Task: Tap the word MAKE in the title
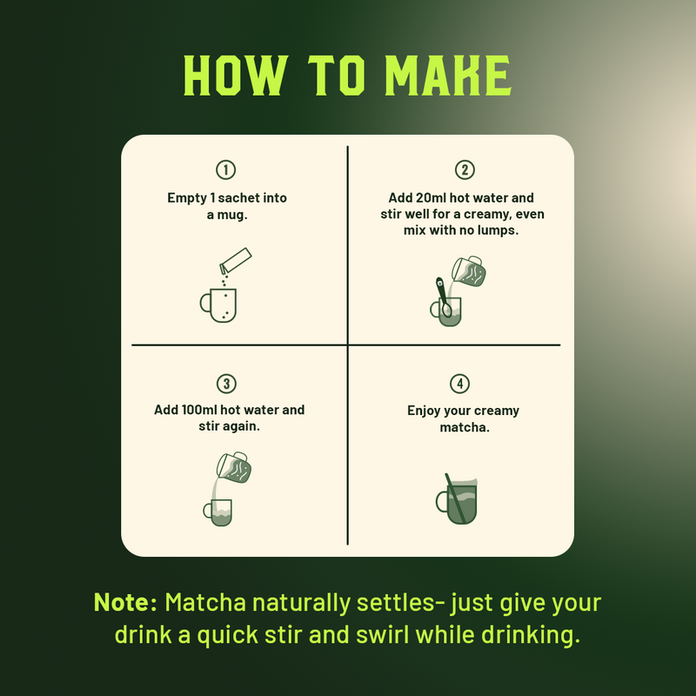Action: coord(448,76)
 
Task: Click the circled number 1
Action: coord(226,170)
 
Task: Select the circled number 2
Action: coord(465,170)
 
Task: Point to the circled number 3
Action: coord(226,384)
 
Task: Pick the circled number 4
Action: coord(460,384)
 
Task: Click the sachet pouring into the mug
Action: coord(235,260)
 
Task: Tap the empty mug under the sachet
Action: coord(218,305)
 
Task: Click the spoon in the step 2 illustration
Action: coord(443,297)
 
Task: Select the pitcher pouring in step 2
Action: coord(469,271)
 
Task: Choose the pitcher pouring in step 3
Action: coord(234,467)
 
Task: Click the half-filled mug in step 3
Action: coord(218,512)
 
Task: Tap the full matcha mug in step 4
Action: coord(458,501)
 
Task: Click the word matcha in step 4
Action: coord(465,427)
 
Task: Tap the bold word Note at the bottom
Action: coord(125,602)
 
